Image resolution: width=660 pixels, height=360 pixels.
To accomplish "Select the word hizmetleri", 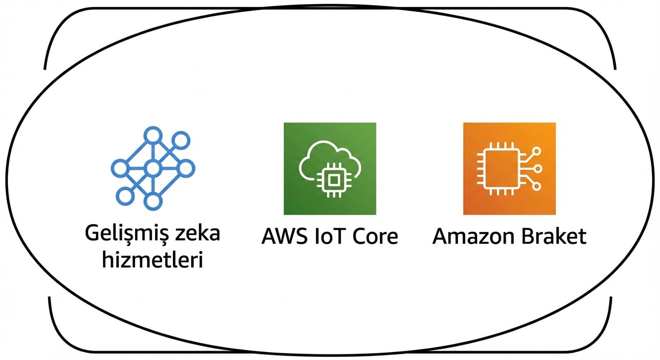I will pos(152,259).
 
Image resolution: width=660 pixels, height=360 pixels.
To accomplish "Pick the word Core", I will pos(375,236).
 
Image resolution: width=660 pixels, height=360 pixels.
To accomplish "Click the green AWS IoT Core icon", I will pos(330,169).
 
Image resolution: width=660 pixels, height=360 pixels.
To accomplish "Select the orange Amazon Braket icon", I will pos(510,169).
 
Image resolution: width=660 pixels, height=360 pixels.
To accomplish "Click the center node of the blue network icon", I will pos(152,168).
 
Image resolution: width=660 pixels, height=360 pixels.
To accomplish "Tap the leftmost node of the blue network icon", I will pos(119,168).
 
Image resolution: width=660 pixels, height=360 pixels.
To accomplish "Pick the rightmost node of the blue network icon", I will pos(186,168).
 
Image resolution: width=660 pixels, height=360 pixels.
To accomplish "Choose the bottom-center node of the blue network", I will pos(152,201).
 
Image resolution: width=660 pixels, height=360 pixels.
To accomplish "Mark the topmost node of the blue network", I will pos(152,135).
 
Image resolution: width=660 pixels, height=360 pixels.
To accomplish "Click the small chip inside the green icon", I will pos(333,179).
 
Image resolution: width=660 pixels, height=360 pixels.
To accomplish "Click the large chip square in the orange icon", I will pos(498,169).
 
